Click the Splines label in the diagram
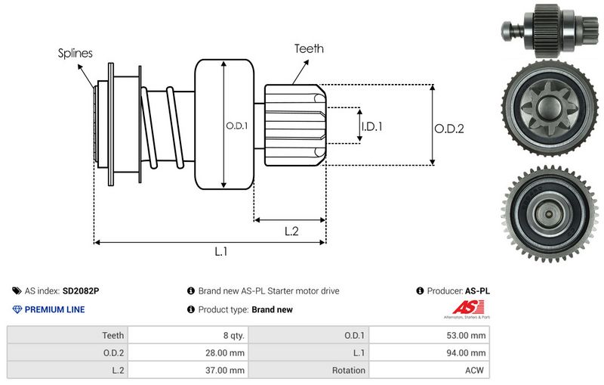pos(75,53)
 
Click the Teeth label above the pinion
pos(309,48)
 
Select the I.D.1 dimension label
pos(371,126)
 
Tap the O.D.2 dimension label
pos(448,129)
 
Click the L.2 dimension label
pos(292,231)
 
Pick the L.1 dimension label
pos(220,252)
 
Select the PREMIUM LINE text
pos(55,309)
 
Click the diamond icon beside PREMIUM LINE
pos(17,309)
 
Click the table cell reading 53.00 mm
pos(467,335)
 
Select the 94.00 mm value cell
pos(467,352)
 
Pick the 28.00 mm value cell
pos(226,352)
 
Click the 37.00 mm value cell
pos(226,371)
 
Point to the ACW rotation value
pos(476,371)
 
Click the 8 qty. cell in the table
pos(230,335)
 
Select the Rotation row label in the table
pos(348,371)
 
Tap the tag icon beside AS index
pos(17,290)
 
